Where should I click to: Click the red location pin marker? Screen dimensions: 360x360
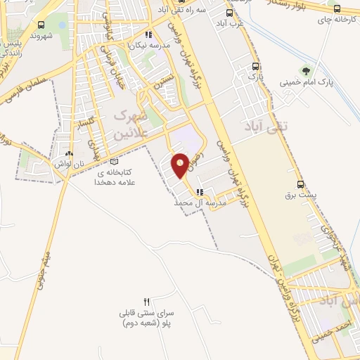click(x=180, y=165)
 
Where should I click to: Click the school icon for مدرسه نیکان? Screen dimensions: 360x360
click(x=148, y=34)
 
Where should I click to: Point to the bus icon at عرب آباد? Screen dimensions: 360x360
click(x=229, y=13)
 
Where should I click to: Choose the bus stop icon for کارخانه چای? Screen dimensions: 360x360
click(x=337, y=9)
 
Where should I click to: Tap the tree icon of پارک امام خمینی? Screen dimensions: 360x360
click(x=305, y=70)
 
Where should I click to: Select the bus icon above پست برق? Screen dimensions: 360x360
click(x=302, y=181)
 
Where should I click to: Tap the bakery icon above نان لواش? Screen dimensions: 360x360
click(x=68, y=153)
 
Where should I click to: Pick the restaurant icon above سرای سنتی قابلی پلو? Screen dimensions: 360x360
click(x=147, y=300)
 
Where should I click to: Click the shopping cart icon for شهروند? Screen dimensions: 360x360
click(x=35, y=23)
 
